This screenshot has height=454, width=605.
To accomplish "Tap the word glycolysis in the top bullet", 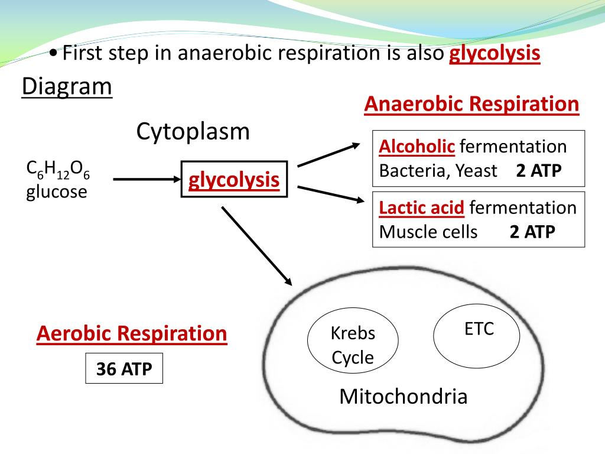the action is point(495,53).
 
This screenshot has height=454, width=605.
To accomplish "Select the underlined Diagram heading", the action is point(67,86).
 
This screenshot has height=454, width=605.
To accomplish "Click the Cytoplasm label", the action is point(193,132).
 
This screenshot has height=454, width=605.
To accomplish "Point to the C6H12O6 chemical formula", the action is point(58,170).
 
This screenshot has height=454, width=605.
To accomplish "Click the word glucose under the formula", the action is point(57,192).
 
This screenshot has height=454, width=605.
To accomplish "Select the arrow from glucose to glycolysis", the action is point(147,179).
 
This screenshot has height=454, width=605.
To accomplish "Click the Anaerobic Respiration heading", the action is point(471,104).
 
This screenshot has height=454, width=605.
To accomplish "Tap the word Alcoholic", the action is point(417,147).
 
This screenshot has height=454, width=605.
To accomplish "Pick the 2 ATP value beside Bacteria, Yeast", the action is point(539,171).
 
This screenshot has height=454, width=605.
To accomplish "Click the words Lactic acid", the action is point(421,207).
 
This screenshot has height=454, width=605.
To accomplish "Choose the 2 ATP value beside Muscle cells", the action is point(532,232).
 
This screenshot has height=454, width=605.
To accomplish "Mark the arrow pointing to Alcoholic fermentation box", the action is point(328,155).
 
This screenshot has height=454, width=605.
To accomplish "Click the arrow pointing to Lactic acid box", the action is point(331,194).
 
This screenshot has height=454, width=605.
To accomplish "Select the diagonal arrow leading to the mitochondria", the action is point(256,246).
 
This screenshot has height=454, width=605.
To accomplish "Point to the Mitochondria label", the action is point(403,397).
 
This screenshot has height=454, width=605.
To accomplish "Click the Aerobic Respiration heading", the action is point(132,333).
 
